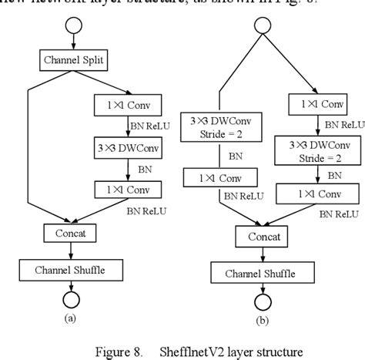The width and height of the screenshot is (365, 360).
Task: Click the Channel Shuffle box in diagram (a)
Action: pyautogui.click(x=71, y=270)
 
